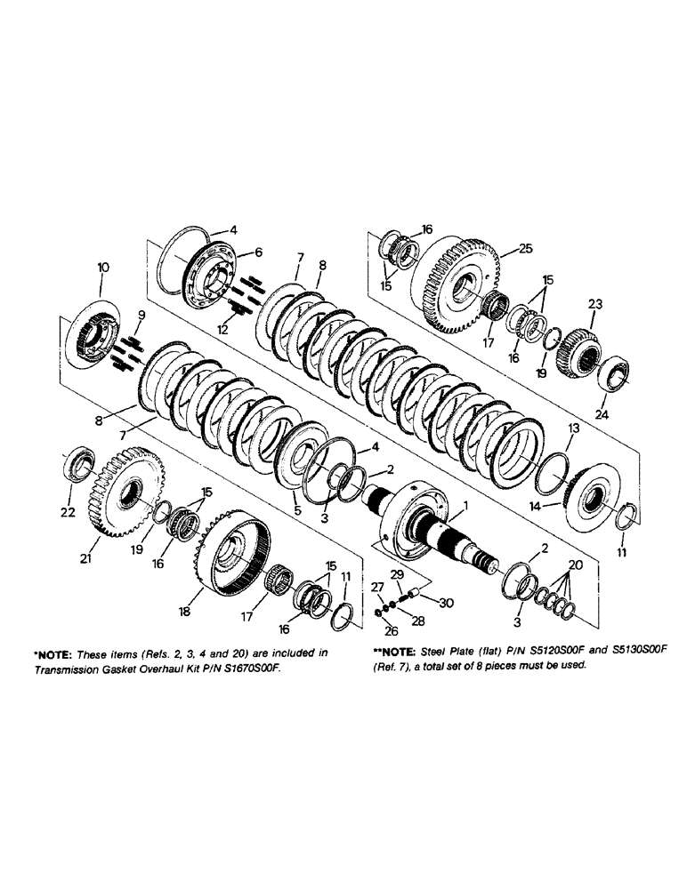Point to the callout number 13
click(574, 428)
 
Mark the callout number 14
click(557, 507)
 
